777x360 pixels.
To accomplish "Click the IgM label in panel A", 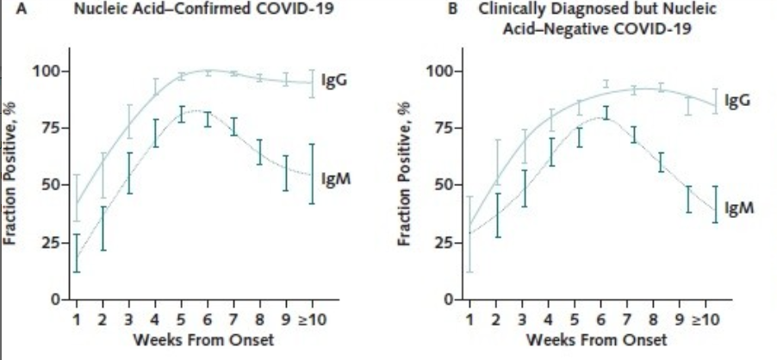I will tap(334, 178).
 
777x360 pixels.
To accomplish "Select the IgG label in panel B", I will tap(738, 101).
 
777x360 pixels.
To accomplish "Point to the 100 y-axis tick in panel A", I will tap(47, 71).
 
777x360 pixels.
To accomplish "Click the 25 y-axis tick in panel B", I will tap(442, 243).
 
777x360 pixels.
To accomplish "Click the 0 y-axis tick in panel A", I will tap(54, 300).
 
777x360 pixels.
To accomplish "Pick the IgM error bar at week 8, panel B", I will tap(662, 162).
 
